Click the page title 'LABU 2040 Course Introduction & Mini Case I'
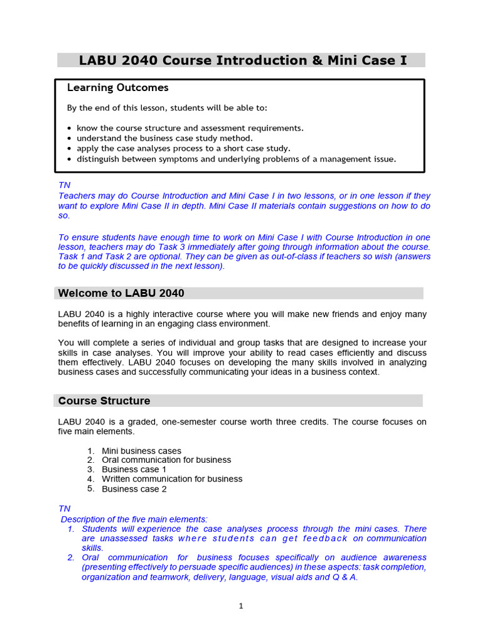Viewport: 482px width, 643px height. [242, 60]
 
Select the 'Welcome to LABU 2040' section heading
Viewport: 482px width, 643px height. [121, 293]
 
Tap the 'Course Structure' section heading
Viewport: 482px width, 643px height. [104, 401]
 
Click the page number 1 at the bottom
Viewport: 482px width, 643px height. [240, 606]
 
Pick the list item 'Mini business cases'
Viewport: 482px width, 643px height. [141, 451]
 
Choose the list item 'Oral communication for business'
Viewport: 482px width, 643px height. [166, 460]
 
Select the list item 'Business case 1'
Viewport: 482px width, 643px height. [134, 470]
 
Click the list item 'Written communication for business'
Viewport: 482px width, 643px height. [172, 479]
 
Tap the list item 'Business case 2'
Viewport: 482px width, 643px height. [134, 489]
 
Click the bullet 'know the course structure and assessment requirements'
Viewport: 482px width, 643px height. [190, 128]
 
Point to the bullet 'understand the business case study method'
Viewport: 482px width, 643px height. [164, 138]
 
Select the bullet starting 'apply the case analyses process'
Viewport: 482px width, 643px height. [183, 149]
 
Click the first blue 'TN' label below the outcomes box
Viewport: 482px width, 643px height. [64, 186]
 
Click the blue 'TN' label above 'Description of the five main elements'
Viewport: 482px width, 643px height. [64, 509]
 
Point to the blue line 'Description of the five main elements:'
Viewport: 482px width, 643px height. [134, 519]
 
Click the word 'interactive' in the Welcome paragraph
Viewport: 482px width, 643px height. [163, 314]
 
